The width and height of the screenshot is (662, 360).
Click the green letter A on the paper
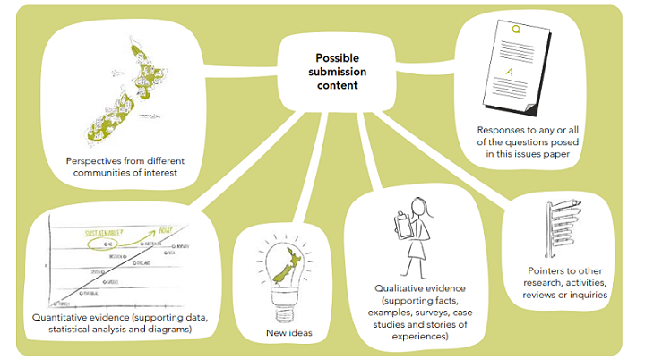tap(511, 72)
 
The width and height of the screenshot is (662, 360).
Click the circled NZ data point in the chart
tap(107, 243)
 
